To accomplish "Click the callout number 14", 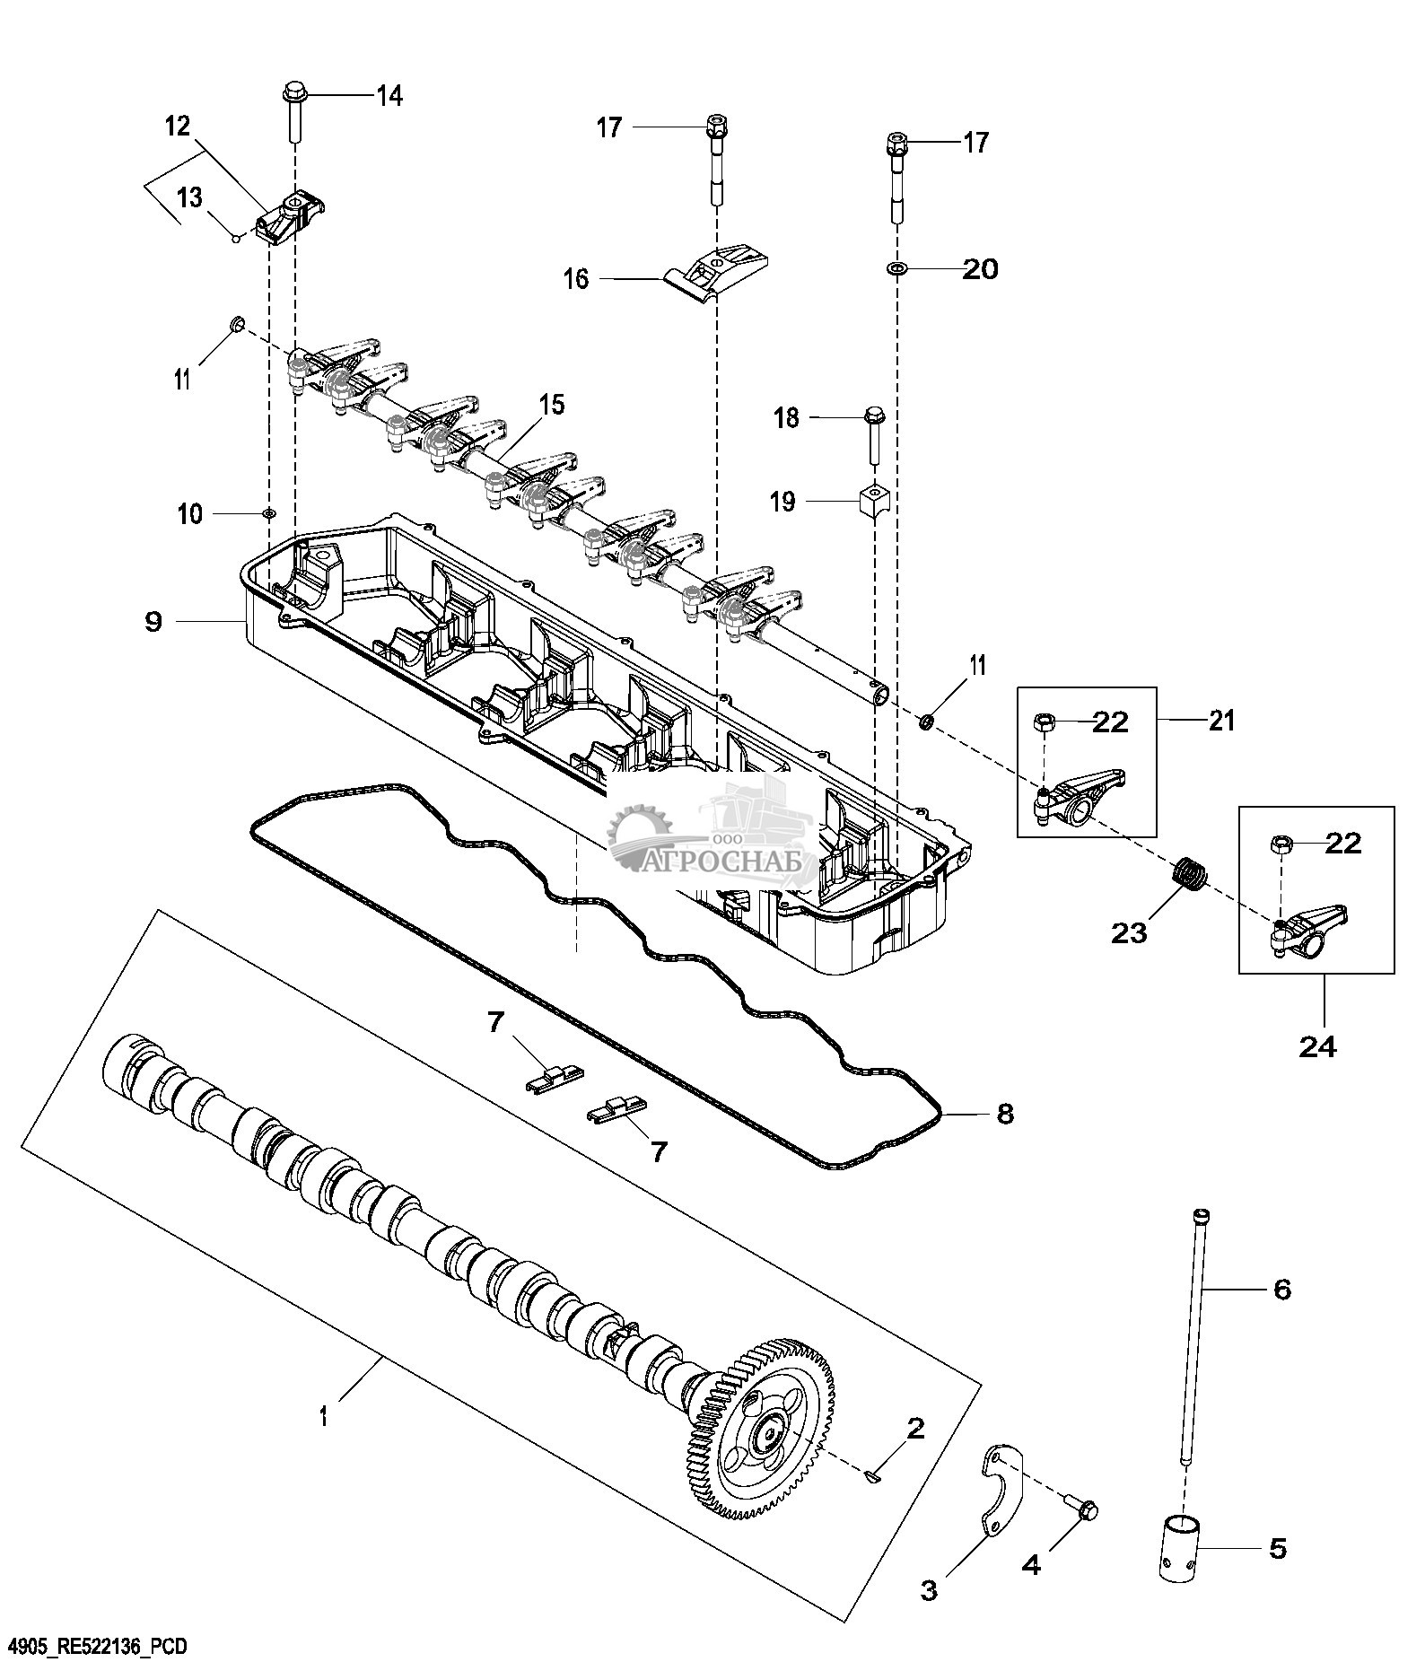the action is [389, 95].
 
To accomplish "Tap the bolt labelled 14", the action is [294, 113].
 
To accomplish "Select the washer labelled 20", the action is [896, 268].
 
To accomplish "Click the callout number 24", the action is [1317, 1046].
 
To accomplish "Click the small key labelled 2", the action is [875, 1474].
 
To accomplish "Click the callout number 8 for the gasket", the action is [1004, 1114].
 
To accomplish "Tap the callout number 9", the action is [153, 621].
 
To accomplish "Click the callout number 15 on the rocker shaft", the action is [552, 405].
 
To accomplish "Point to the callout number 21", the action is [1220, 719].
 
